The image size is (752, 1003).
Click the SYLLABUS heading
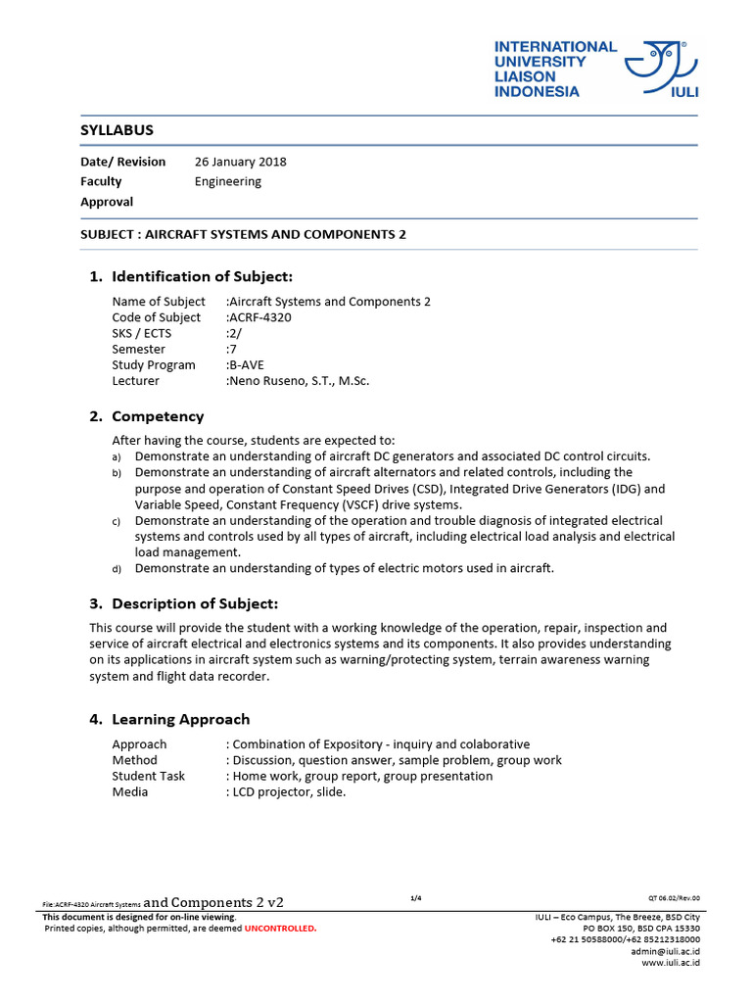pyautogui.click(x=117, y=130)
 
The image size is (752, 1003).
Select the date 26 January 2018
pyautogui.click(x=241, y=162)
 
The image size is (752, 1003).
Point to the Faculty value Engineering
pyautogui.click(x=228, y=181)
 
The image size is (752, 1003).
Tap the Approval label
pyautogui.click(x=107, y=202)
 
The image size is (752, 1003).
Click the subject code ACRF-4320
pyautogui.click(x=260, y=317)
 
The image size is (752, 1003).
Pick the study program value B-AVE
pyautogui.click(x=247, y=365)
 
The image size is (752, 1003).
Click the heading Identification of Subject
pyautogui.click(x=202, y=276)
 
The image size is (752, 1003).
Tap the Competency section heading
pyautogui.click(x=158, y=416)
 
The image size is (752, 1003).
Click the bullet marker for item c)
pyautogui.click(x=116, y=521)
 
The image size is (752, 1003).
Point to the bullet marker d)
pyautogui.click(x=116, y=568)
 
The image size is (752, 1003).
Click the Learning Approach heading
pyautogui.click(x=180, y=719)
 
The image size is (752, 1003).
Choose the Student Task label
pyautogui.click(x=148, y=776)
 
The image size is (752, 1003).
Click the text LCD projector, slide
pyautogui.click(x=289, y=791)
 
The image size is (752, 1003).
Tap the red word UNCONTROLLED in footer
pyautogui.click(x=281, y=928)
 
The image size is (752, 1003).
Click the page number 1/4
pyautogui.click(x=415, y=898)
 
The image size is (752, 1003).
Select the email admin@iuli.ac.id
pyautogui.click(x=665, y=951)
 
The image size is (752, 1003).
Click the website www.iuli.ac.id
pyautogui.click(x=670, y=963)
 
